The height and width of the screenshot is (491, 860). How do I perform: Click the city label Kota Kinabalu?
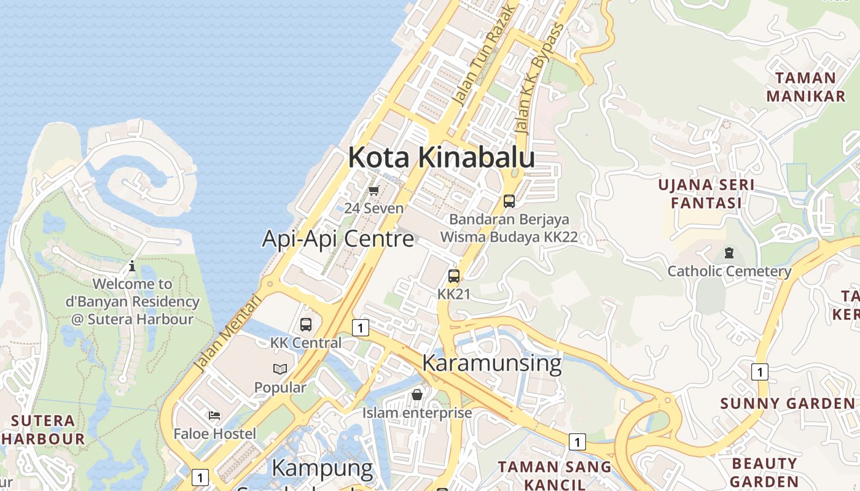coord(441,158)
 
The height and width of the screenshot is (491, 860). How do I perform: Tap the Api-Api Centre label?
coord(338,238)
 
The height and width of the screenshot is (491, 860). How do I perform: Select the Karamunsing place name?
coord(491,363)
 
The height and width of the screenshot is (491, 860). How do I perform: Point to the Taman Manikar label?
coord(805,87)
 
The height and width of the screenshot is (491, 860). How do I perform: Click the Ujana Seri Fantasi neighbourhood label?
coord(706,194)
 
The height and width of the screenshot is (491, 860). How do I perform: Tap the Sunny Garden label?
coord(787,404)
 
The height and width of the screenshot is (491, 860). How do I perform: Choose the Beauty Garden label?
coord(765,472)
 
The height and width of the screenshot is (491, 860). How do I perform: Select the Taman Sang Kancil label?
coord(554,474)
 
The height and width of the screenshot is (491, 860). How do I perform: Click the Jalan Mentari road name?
coord(227,334)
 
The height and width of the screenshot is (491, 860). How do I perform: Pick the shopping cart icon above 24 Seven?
coord(373,191)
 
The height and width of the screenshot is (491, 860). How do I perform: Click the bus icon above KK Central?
coord(306,325)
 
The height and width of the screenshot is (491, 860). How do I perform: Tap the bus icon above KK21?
coord(454,276)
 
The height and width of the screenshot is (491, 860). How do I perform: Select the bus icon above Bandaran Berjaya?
coord(509,201)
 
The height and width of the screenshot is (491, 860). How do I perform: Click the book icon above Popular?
coord(280,369)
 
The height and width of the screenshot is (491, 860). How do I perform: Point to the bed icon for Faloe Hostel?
coord(214,416)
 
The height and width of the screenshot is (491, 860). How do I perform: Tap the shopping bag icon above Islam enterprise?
coord(417,394)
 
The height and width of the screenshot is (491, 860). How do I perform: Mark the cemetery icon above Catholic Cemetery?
coord(729,252)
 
